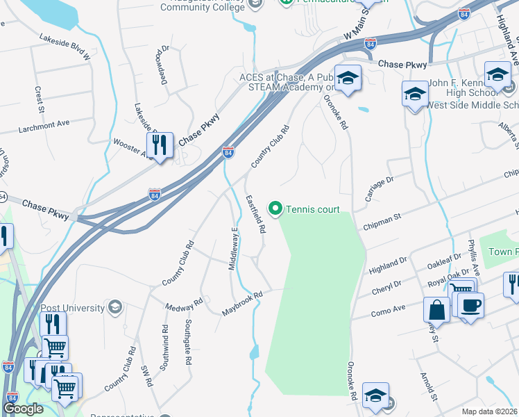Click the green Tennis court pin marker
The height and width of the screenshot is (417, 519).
(x=275, y=208)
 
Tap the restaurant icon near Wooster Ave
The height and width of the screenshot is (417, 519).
(x=160, y=145)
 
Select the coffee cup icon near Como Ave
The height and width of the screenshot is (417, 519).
(x=470, y=306)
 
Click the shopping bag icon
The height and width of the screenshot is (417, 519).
(x=436, y=309)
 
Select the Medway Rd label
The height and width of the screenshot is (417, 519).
(x=184, y=304)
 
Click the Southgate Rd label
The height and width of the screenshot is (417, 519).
(x=187, y=343)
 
